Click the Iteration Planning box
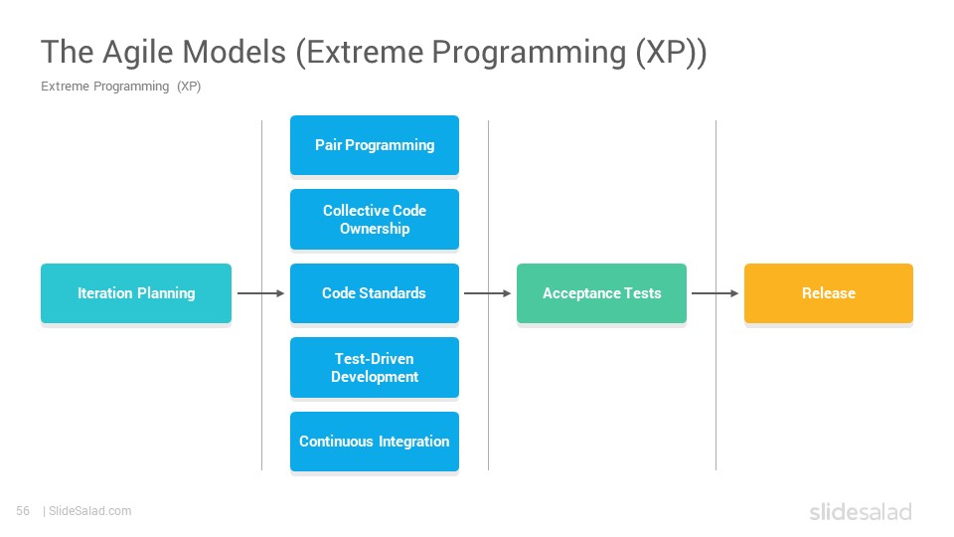tap(136, 292)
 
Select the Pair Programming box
tap(375, 145)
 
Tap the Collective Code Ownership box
tap(375, 219)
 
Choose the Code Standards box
tap(375, 292)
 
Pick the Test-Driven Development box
tap(375, 367)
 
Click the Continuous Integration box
tap(375, 442)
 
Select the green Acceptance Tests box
tap(602, 292)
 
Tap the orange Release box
tap(829, 292)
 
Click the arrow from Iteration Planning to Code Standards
tap(261, 293)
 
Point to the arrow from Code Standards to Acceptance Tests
tap(487, 293)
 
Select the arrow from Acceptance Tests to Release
tap(715, 293)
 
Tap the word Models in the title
tap(235, 51)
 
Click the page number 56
tap(23, 511)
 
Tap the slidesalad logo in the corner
tap(861, 512)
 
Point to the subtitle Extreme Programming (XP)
tap(120, 87)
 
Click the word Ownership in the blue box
tap(375, 229)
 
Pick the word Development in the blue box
tap(375, 377)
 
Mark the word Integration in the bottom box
tap(413, 442)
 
